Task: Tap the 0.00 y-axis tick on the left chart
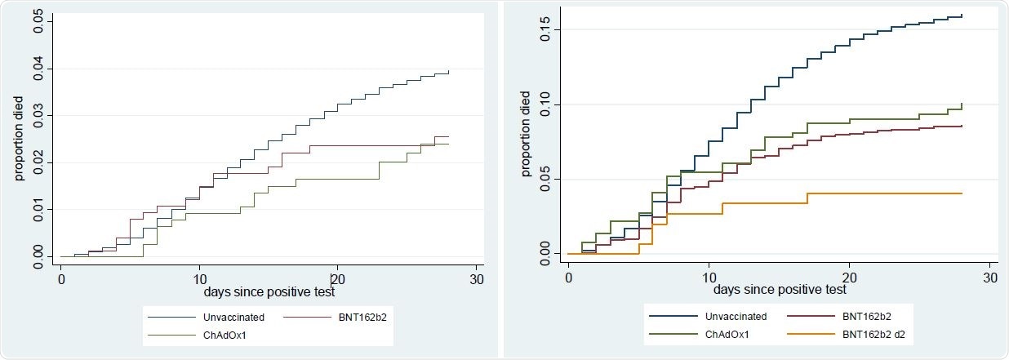click(x=37, y=256)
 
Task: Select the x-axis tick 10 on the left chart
click(x=199, y=278)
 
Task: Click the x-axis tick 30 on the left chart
click(x=477, y=278)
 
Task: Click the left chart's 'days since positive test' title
click(x=269, y=291)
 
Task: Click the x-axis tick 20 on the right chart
click(x=849, y=278)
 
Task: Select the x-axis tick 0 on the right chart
click(x=568, y=278)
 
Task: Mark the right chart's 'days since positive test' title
click(x=779, y=290)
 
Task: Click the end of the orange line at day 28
click(x=962, y=193)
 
